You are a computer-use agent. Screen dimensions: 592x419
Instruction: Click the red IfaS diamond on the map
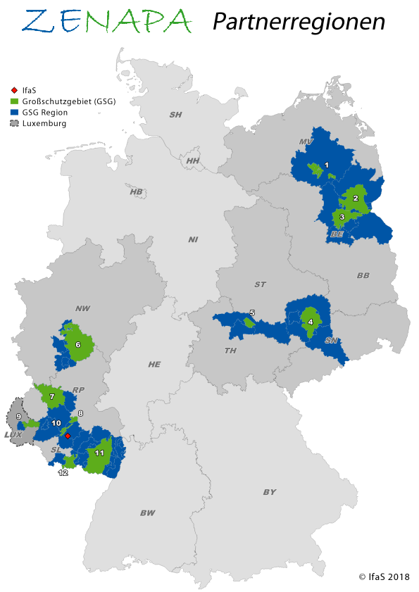point(68,436)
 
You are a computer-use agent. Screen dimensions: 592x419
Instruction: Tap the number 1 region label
point(326,165)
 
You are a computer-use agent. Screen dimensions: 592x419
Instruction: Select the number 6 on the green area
point(78,345)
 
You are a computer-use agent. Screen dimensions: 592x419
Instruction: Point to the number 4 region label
point(311,322)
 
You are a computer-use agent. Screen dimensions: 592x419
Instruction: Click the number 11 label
point(99,453)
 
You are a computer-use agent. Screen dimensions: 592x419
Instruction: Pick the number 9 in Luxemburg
point(18,417)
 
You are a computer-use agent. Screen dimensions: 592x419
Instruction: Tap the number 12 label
point(63,473)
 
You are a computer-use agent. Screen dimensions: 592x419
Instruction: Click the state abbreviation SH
point(175,114)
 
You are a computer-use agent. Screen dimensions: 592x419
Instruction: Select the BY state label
point(270,492)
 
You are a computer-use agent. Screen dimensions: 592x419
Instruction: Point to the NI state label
point(193,239)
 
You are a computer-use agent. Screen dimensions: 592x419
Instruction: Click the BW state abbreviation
point(147,513)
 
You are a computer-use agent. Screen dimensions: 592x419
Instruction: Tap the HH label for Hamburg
point(193,161)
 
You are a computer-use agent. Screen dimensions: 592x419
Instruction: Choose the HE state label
point(154,364)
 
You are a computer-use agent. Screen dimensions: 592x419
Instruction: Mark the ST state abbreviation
point(261,284)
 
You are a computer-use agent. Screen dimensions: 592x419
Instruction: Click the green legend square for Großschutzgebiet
point(15,101)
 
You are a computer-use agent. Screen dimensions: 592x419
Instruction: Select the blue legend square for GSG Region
point(15,113)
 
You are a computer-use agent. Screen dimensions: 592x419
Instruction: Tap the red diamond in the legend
point(15,90)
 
